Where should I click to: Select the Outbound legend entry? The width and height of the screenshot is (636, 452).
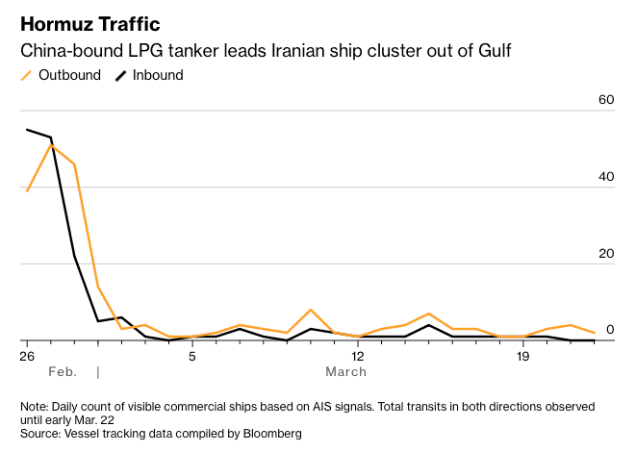click(x=68, y=75)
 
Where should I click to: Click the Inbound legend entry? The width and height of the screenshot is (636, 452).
click(x=157, y=75)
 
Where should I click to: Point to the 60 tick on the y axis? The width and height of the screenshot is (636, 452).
click(x=605, y=100)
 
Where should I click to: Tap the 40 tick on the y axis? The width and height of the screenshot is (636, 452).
click(x=605, y=177)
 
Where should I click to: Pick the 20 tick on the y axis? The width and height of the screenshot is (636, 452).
click(x=605, y=253)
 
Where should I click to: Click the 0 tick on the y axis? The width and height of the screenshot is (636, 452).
click(x=609, y=330)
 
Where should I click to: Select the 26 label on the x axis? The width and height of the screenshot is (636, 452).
click(x=28, y=357)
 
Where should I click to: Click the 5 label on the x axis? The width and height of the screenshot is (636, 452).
click(x=192, y=357)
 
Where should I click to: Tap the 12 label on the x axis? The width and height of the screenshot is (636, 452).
click(x=358, y=357)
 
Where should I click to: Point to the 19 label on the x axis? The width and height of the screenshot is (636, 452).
click(x=523, y=357)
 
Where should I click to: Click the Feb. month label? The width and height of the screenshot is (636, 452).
click(x=61, y=371)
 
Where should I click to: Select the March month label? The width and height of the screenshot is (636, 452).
click(x=345, y=371)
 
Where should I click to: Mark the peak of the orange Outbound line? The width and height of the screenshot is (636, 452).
click(x=51, y=144)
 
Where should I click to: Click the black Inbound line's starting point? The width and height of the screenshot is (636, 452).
click(x=27, y=130)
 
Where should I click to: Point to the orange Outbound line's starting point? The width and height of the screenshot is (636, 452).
click(x=27, y=190)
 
